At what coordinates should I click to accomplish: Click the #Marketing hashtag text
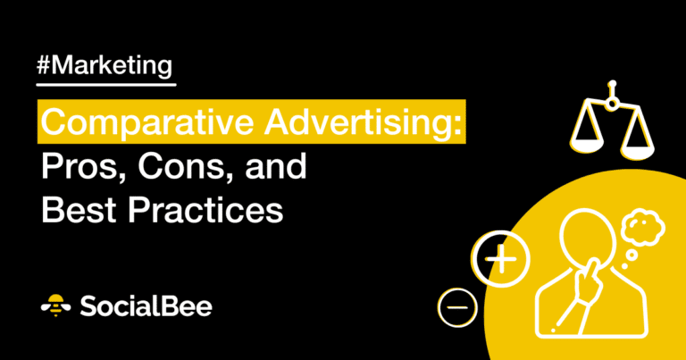(x=105, y=66)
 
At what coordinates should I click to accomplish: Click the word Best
(x=80, y=209)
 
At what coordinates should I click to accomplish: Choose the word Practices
(x=205, y=209)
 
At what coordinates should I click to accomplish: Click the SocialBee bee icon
(x=56, y=306)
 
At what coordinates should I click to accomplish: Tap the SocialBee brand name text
(x=146, y=306)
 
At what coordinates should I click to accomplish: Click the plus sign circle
(x=500, y=259)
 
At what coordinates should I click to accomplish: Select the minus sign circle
(x=457, y=307)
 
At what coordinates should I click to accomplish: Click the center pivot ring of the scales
(x=612, y=103)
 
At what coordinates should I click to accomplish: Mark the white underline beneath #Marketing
(x=106, y=84)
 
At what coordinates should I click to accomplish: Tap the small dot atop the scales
(x=613, y=83)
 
